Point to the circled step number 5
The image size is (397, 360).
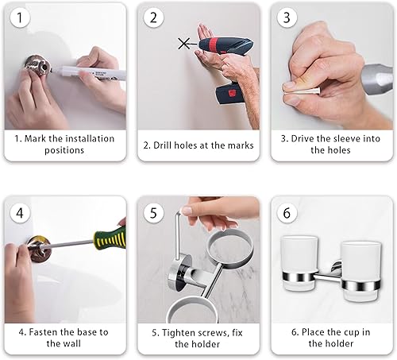(153, 212)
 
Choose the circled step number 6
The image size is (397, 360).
(286, 212)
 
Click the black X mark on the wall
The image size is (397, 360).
(185, 45)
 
